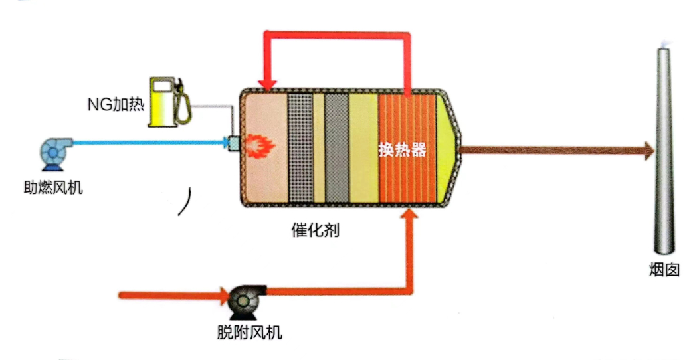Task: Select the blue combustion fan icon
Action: pyautogui.click(x=52, y=152)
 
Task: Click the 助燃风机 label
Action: pyautogui.click(x=52, y=189)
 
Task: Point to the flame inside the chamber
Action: pyautogui.click(x=260, y=144)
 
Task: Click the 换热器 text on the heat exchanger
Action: pyautogui.click(x=402, y=149)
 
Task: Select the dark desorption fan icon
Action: pyautogui.click(x=241, y=300)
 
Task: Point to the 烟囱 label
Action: pyautogui.click(x=664, y=269)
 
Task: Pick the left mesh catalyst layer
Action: pyautogui.click(x=300, y=147)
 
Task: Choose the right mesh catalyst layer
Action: pyautogui.click(x=337, y=147)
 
